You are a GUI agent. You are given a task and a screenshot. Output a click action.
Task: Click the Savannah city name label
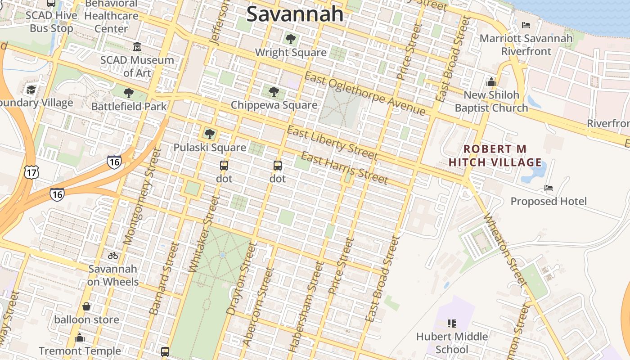point(295,14)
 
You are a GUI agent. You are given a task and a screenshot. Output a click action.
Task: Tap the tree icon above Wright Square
point(291,39)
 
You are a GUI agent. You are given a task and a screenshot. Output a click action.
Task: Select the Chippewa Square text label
point(274,105)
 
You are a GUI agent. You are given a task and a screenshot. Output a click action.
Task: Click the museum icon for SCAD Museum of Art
point(137,47)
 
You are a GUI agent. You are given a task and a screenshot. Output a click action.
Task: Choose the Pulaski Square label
point(210,148)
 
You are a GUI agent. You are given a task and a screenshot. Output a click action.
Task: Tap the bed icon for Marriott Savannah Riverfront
point(526,25)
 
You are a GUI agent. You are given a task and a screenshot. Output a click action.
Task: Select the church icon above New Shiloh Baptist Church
point(491,82)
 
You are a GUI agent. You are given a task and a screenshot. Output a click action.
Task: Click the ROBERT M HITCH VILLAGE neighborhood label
point(495,155)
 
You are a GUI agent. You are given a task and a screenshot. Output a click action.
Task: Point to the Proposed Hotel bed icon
point(549,188)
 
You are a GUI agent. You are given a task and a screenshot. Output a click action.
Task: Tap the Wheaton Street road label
point(504,250)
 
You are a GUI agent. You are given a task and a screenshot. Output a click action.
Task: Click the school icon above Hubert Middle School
point(452,323)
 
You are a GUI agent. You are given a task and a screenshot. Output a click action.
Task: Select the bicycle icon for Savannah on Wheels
point(113,256)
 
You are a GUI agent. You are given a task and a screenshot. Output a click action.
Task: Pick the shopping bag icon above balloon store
point(86,307)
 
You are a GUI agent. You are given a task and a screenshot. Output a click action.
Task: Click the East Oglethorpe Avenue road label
point(364,93)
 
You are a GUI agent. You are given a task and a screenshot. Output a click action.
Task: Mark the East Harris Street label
point(344,168)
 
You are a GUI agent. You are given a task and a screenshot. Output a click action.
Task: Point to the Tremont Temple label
point(80,351)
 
